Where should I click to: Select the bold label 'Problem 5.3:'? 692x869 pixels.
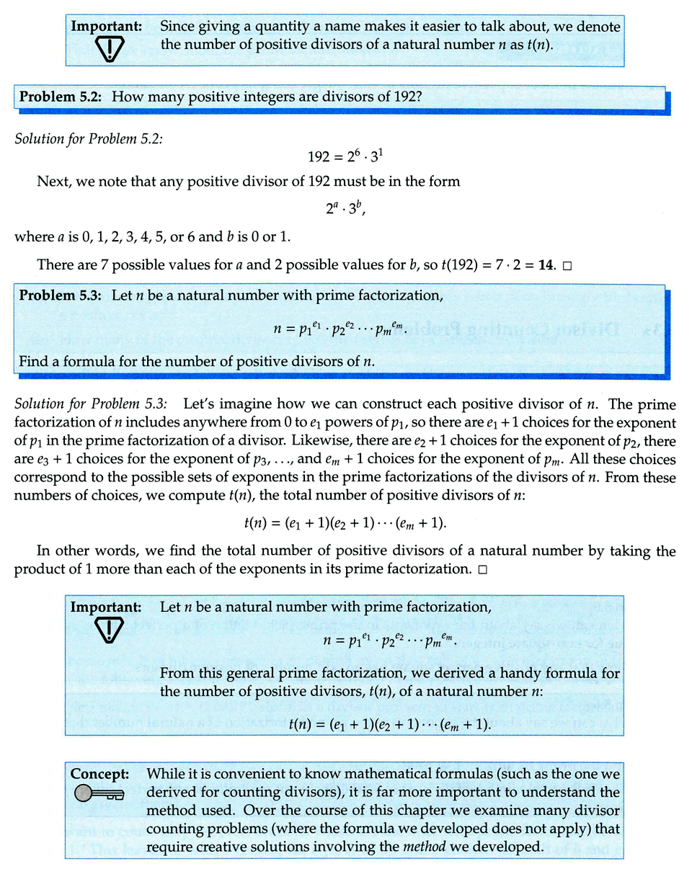click(62, 295)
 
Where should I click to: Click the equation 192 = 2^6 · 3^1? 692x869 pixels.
click(345, 158)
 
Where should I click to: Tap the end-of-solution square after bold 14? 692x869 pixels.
click(567, 265)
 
